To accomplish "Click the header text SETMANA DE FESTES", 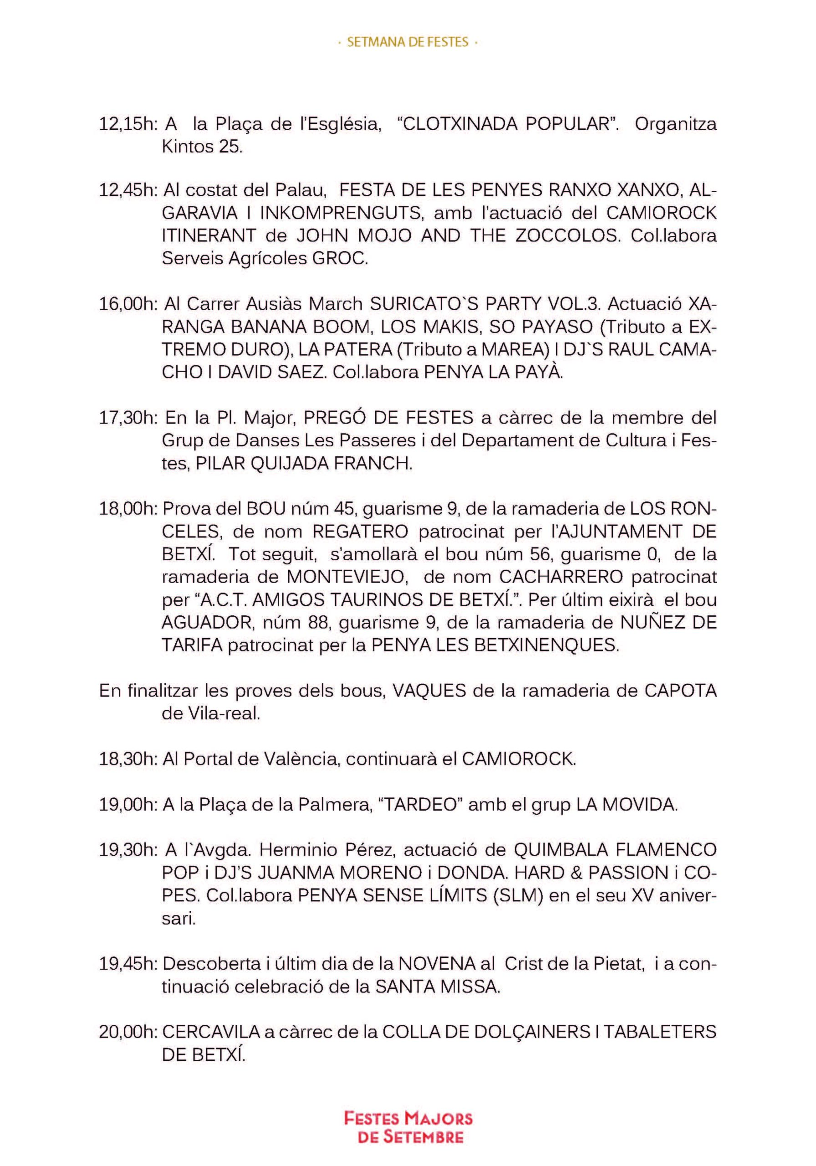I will coord(407,43).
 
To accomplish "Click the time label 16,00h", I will coord(128,304).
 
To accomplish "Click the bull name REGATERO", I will coord(360,532).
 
